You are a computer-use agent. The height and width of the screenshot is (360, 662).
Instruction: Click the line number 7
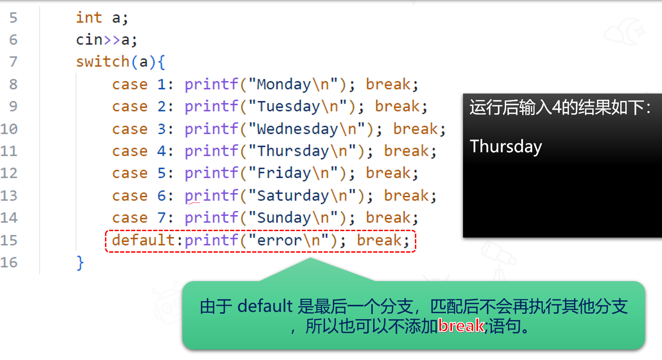(13, 62)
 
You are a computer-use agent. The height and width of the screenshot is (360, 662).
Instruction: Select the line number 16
(9, 262)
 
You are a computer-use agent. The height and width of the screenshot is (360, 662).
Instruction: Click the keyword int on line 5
(89, 17)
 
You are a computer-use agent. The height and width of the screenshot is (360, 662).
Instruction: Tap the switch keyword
(103, 62)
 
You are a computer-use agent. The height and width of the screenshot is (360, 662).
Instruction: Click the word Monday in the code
(284, 85)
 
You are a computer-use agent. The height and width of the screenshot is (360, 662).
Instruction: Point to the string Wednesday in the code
(298, 129)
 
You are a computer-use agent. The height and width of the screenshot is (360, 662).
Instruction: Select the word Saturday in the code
(293, 196)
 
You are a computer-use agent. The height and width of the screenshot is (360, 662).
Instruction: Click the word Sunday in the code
(284, 218)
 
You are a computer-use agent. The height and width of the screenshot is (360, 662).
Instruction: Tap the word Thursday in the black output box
(506, 147)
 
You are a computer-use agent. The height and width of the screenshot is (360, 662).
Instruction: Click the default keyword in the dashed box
(143, 240)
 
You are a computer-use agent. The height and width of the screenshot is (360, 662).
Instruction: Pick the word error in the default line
(279, 240)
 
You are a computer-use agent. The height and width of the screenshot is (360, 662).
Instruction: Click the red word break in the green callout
(461, 326)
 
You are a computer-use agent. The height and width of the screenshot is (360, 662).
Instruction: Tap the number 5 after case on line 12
(161, 173)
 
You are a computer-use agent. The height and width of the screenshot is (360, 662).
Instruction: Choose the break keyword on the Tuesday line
(397, 106)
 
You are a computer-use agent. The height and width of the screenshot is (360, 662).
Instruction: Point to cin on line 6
(89, 40)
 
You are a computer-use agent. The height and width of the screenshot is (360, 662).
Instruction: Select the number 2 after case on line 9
(161, 106)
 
